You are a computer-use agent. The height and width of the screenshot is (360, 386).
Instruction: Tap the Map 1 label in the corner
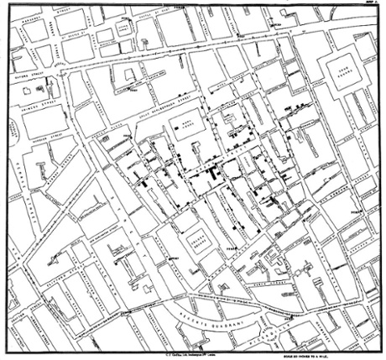[374, 3]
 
